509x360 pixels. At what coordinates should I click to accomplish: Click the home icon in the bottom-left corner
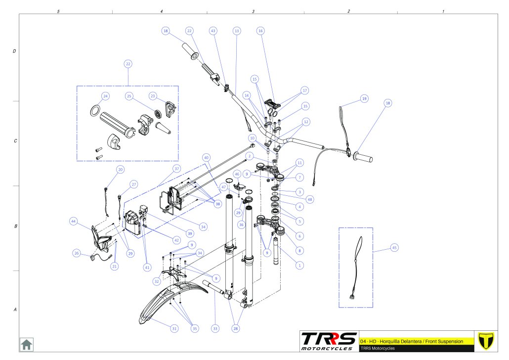point(26,344)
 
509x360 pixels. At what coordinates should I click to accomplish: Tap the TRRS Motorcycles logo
point(329,341)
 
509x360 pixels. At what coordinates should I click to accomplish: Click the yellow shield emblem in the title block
point(486,341)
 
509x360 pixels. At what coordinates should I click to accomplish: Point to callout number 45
point(394,248)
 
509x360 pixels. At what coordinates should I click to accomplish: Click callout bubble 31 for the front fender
point(174,328)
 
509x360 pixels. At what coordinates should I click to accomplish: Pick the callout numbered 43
point(213,31)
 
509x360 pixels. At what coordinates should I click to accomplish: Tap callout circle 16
point(260,31)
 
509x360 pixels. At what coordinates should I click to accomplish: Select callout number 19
point(364,98)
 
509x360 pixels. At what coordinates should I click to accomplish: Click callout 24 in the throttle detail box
point(106,96)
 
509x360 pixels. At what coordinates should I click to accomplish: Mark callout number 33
point(215,328)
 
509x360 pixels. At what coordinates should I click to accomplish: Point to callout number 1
point(298,265)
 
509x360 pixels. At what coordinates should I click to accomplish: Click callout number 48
point(310,200)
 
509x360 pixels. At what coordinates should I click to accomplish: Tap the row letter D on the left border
point(14,51)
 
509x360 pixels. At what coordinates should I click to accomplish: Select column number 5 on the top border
point(58,11)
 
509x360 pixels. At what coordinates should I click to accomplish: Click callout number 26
point(77,253)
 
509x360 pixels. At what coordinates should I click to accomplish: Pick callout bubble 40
point(207,157)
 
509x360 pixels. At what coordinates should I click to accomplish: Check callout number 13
point(237,31)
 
